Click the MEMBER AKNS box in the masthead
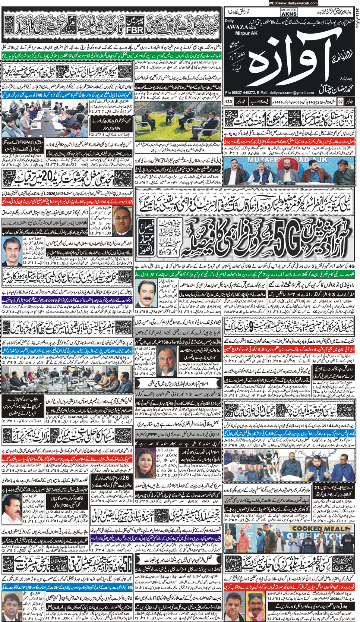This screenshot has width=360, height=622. (289, 12)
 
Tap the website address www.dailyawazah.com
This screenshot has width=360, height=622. (293, 3)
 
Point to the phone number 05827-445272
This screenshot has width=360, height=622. (245, 92)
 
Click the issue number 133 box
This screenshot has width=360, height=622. (228, 101)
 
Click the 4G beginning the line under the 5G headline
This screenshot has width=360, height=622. (350, 266)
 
